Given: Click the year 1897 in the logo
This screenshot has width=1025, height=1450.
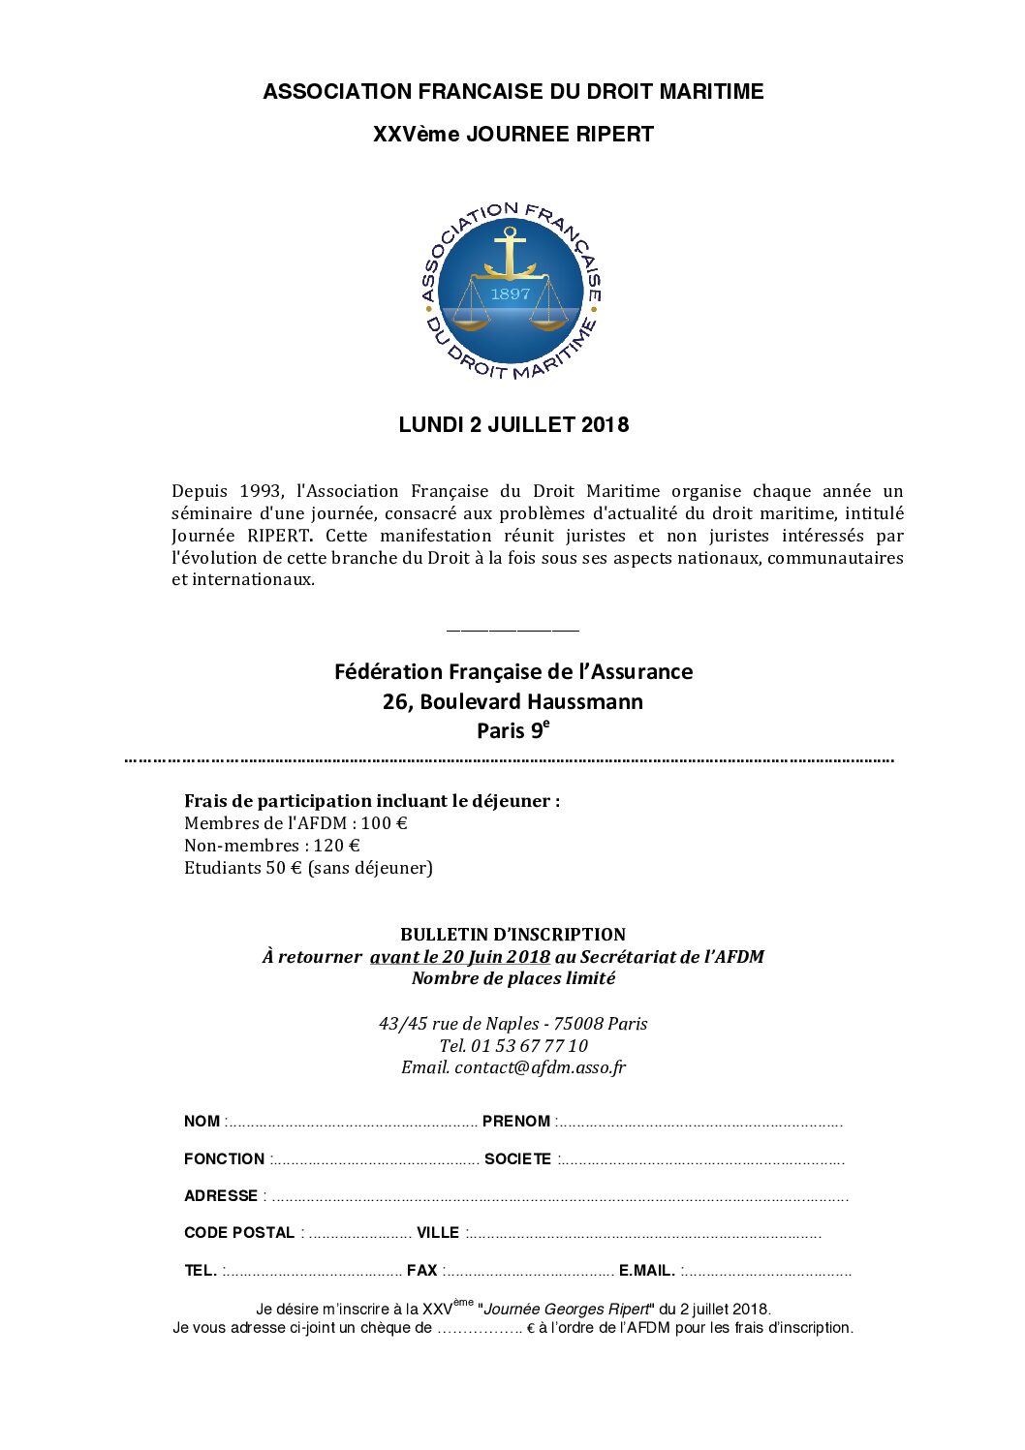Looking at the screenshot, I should click(x=511, y=293).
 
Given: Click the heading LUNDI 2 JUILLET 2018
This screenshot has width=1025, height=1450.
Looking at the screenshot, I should click(x=513, y=425).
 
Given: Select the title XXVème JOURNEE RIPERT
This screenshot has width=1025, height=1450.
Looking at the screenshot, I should click(x=513, y=135).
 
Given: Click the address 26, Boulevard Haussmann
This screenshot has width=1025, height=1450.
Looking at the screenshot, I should click(x=512, y=701).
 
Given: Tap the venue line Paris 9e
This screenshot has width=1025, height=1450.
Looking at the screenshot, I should click(x=512, y=730).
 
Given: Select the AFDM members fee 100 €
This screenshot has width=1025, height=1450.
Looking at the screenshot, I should click(x=384, y=823).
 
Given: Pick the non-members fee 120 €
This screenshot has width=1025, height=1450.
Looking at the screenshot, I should click(x=337, y=846).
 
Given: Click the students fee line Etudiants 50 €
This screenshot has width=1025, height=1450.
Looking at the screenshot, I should click(x=308, y=868).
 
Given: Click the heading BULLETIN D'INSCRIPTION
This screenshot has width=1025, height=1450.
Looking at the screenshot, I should click(x=512, y=935).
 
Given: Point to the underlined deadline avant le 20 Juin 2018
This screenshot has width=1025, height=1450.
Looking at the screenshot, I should click(x=459, y=957).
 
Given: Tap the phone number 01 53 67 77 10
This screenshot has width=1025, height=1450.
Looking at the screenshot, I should click(x=529, y=1046).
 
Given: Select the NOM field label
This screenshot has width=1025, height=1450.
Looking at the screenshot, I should click(x=202, y=1122).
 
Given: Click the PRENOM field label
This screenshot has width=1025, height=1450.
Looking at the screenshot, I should click(x=516, y=1122).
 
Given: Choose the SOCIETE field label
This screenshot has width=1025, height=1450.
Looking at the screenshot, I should click(x=518, y=1159).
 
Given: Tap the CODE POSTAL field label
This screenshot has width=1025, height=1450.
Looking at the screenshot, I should click(x=239, y=1233).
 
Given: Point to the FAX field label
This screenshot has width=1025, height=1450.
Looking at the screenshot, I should click(x=422, y=1271).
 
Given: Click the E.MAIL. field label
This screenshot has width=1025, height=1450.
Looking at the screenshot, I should click(x=647, y=1271).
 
